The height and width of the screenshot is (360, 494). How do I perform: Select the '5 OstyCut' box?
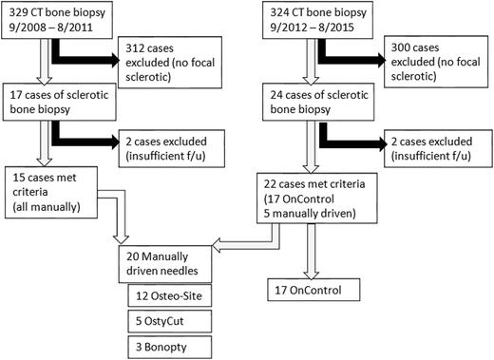click(x=172, y=315)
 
